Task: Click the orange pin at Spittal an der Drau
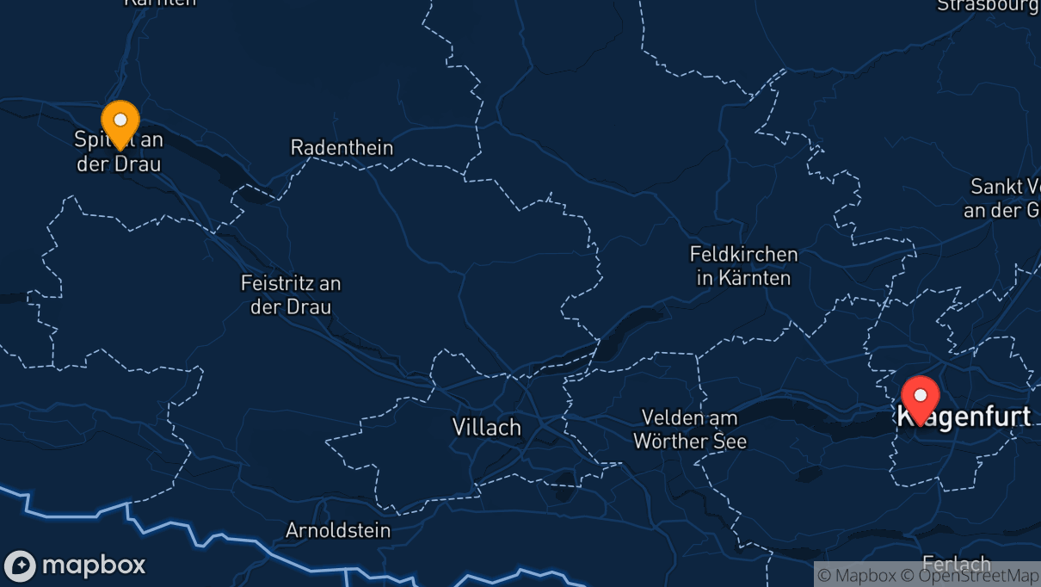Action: (x=120, y=122)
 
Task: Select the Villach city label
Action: (x=487, y=427)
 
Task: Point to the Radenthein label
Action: (x=342, y=147)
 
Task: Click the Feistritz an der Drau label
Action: (x=291, y=294)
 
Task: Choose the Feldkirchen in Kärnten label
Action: (x=743, y=266)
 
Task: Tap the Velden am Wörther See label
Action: (x=690, y=429)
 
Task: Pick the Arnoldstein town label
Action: (x=338, y=530)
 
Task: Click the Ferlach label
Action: (x=956, y=564)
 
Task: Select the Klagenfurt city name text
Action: (x=972, y=417)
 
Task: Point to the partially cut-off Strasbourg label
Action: (x=988, y=6)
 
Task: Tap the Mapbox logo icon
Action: (x=20, y=566)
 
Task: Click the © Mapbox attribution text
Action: (x=856, y=576)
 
